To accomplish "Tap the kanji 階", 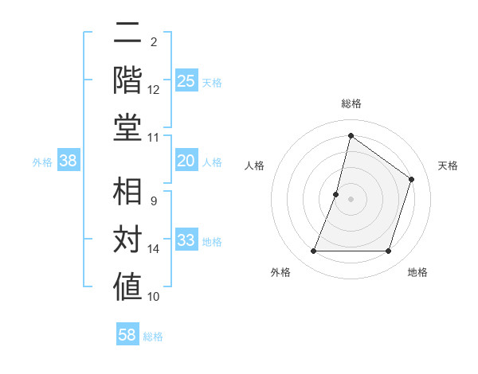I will click(127, 80).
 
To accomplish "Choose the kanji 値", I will click(127, 287).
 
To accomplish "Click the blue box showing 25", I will click(186, 81).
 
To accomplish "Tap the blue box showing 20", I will click(186, 162).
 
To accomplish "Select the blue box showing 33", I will click(186, 241).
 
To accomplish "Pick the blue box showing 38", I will click(69, 162).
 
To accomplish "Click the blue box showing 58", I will click(127, 335).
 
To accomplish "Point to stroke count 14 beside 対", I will click(154, 249).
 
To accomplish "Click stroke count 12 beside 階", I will click(154, 89).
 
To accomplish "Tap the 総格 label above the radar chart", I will click(351, 103).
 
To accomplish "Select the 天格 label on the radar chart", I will click(448, 166).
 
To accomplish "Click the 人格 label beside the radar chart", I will click(254, 166).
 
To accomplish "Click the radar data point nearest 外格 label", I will click(313, 251).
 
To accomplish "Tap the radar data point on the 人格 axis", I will click(336, 194).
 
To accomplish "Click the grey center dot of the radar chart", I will click(351, 199).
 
